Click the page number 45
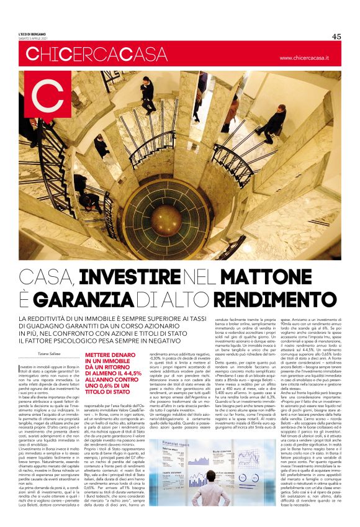(x=336, y=36)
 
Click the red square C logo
(x=45, y=94)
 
